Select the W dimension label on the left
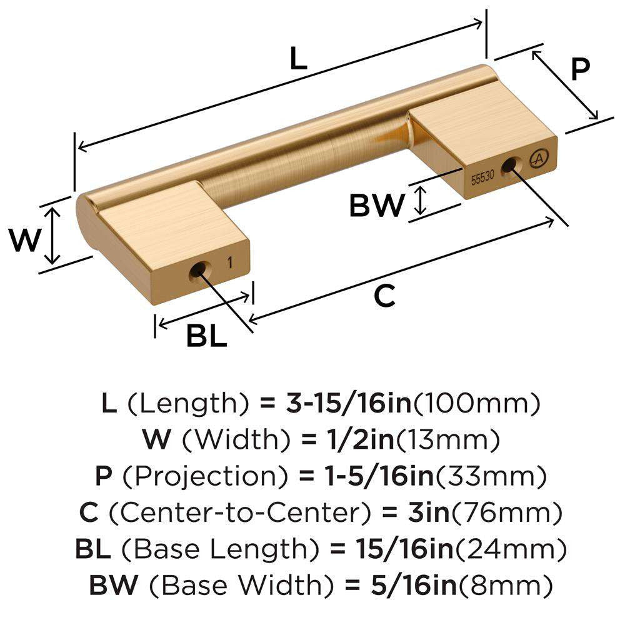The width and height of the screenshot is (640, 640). (24, 239)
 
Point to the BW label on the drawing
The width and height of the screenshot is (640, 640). (376, 205)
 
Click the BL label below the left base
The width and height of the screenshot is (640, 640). (206, 337)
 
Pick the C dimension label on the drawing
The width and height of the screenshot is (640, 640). (384, 296)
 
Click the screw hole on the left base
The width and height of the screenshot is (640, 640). (197, 271)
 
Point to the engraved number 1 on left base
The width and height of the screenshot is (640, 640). (231, 262)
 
